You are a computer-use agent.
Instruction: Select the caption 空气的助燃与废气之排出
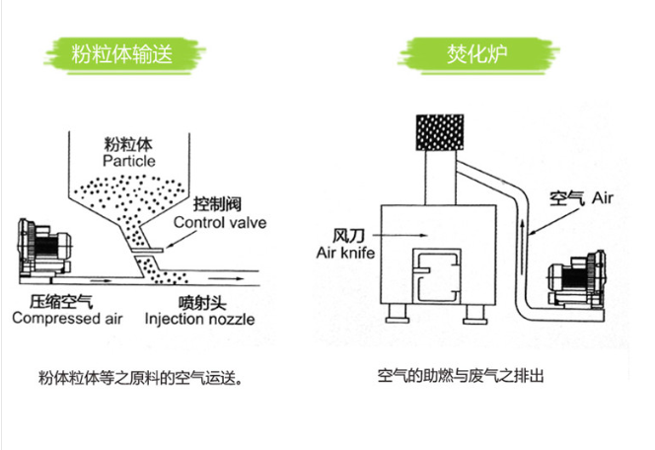click(461, 377)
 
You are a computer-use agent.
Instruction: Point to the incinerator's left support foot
click(399, 316)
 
